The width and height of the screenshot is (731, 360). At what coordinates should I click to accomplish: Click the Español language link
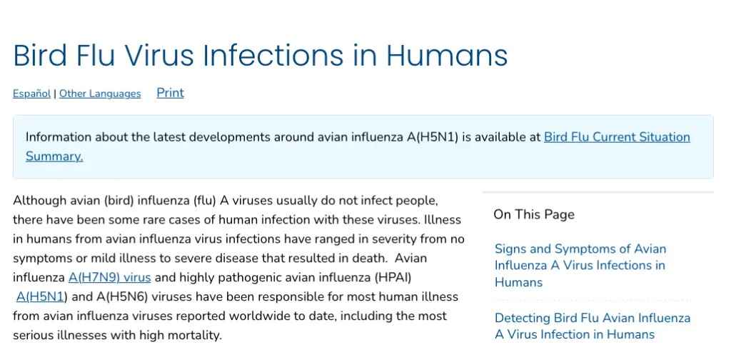coord(31,94)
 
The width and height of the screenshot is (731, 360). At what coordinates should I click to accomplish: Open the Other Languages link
coord(100,94)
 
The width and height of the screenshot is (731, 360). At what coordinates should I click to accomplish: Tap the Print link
coord(170,93)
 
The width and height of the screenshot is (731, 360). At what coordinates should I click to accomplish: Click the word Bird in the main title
coord(40,55)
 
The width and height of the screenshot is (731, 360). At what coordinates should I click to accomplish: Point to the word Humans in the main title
coord(447,55)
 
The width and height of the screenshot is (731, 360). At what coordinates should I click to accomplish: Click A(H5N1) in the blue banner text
coord(433,137)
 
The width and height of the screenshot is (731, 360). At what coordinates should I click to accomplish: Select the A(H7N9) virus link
coord(109,277)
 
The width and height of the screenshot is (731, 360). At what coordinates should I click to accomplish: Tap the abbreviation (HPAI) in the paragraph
coord(393,277)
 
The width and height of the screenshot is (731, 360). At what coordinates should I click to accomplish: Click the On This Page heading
coord(534,214)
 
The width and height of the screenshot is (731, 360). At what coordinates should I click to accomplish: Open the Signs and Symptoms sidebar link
coord(580,265)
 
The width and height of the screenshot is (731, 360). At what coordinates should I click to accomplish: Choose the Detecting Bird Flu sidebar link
coord(593,326)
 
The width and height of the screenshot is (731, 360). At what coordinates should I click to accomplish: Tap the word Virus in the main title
coord(158,55)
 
